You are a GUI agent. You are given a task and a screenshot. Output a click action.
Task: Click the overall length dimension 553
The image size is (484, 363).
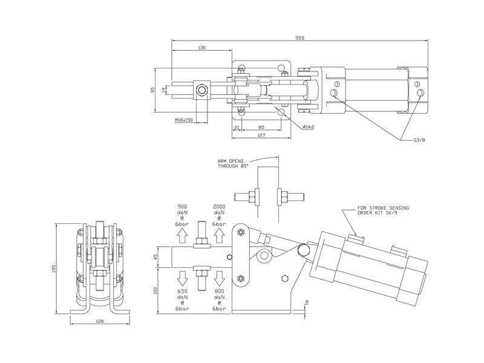(x=300, y=38)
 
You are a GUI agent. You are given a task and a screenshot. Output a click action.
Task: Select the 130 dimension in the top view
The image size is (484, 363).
(x=202, y=48)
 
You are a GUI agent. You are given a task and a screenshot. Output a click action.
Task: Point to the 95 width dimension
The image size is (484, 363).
(x=153, y=90)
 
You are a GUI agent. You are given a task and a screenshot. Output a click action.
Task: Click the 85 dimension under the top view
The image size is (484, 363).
(x=261, y=126)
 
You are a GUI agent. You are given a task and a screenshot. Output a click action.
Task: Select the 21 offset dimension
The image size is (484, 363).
(x=237, y=126)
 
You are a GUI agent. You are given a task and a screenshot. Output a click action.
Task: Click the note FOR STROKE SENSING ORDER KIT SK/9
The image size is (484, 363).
(x=384, y=210)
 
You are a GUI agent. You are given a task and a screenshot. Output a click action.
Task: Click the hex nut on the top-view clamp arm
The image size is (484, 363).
(x=201, y=90)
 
